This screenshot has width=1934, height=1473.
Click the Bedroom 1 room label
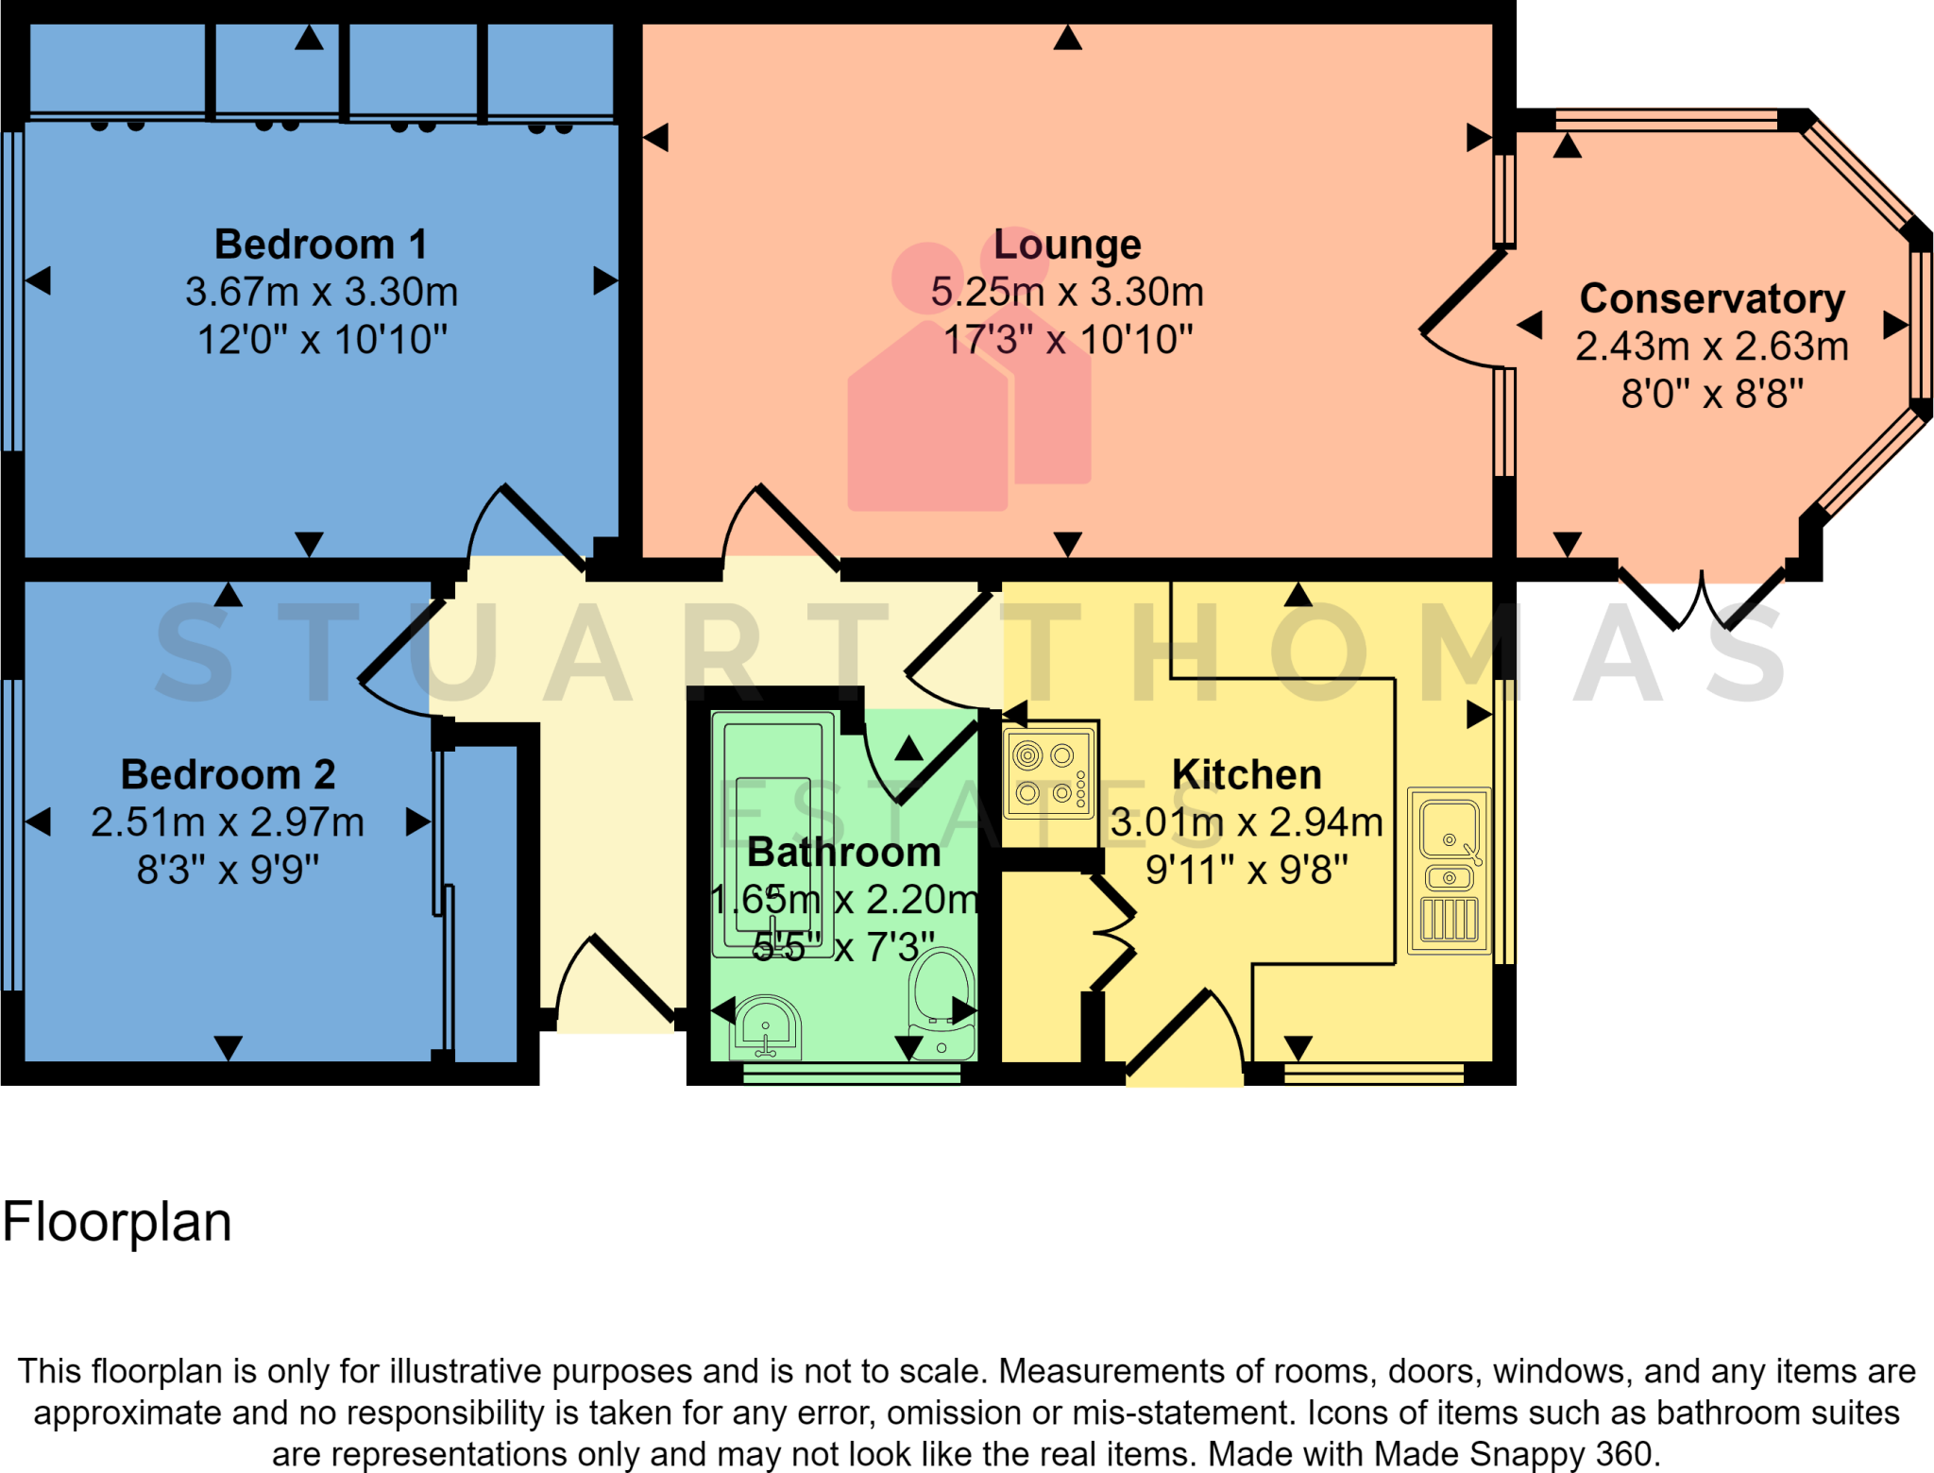pyautogui.click(x=321, y=245)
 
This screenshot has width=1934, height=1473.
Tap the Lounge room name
pyautogui.click(x=1067, y=245)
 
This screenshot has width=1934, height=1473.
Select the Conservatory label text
pyautogui.click(x=1712, y=299)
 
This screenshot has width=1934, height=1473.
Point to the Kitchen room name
pyautogui.click(x=1247, y=775)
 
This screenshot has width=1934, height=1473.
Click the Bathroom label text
pyautogui.click(x=843, y=853)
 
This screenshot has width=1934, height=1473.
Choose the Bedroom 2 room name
pyautogui.click(x=228, y=775)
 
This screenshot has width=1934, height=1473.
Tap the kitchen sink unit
pyautogui.click(x=1449, y=871)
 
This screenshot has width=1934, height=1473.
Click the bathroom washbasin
pyautogui.click(x=766, y=1027)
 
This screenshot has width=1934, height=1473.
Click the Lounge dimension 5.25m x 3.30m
pyautogui.click(x=1067, y=293)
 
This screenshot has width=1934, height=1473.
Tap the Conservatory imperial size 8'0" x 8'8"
pyautogui.click(x=1712, y=395)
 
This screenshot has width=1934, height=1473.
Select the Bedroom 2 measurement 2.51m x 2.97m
pyautogui.click(x=228, y=822)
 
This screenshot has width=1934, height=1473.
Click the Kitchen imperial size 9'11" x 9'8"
pyautogui.click(x=1247, y=871)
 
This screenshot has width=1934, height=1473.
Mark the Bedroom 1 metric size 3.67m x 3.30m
pyautogui.click(x=321, y=293)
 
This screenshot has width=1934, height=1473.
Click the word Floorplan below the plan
pyautogui.click(x=117, y=1223)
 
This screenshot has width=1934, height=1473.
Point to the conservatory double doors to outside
pyautogui.click(x=1703, y=601)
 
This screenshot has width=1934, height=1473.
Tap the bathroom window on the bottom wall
pyautogui.click(x=852, y=1074)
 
